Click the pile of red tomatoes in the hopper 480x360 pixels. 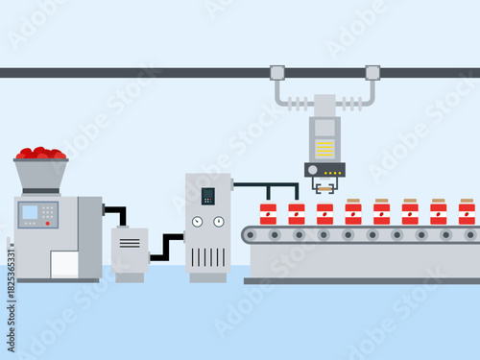coord(40,153)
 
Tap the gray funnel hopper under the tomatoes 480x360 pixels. coord(40,174)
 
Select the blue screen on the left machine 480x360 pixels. coord(31,211)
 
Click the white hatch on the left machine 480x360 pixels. coord(64,264)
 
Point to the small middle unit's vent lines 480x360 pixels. coord(130,243)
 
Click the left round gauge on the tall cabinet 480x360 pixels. coord(198,222)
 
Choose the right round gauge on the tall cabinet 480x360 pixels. coord(219,222)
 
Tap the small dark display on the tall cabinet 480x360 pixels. coord(208,196)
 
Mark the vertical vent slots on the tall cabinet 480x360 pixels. coord(208,256)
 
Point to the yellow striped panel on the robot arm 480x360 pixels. coord(325,148)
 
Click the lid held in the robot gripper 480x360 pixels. coord(325,188)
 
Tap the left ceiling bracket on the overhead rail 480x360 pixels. coord(277,72)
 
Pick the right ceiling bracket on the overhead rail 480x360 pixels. coord(372,72)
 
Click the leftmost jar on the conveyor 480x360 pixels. coord(269,213)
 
